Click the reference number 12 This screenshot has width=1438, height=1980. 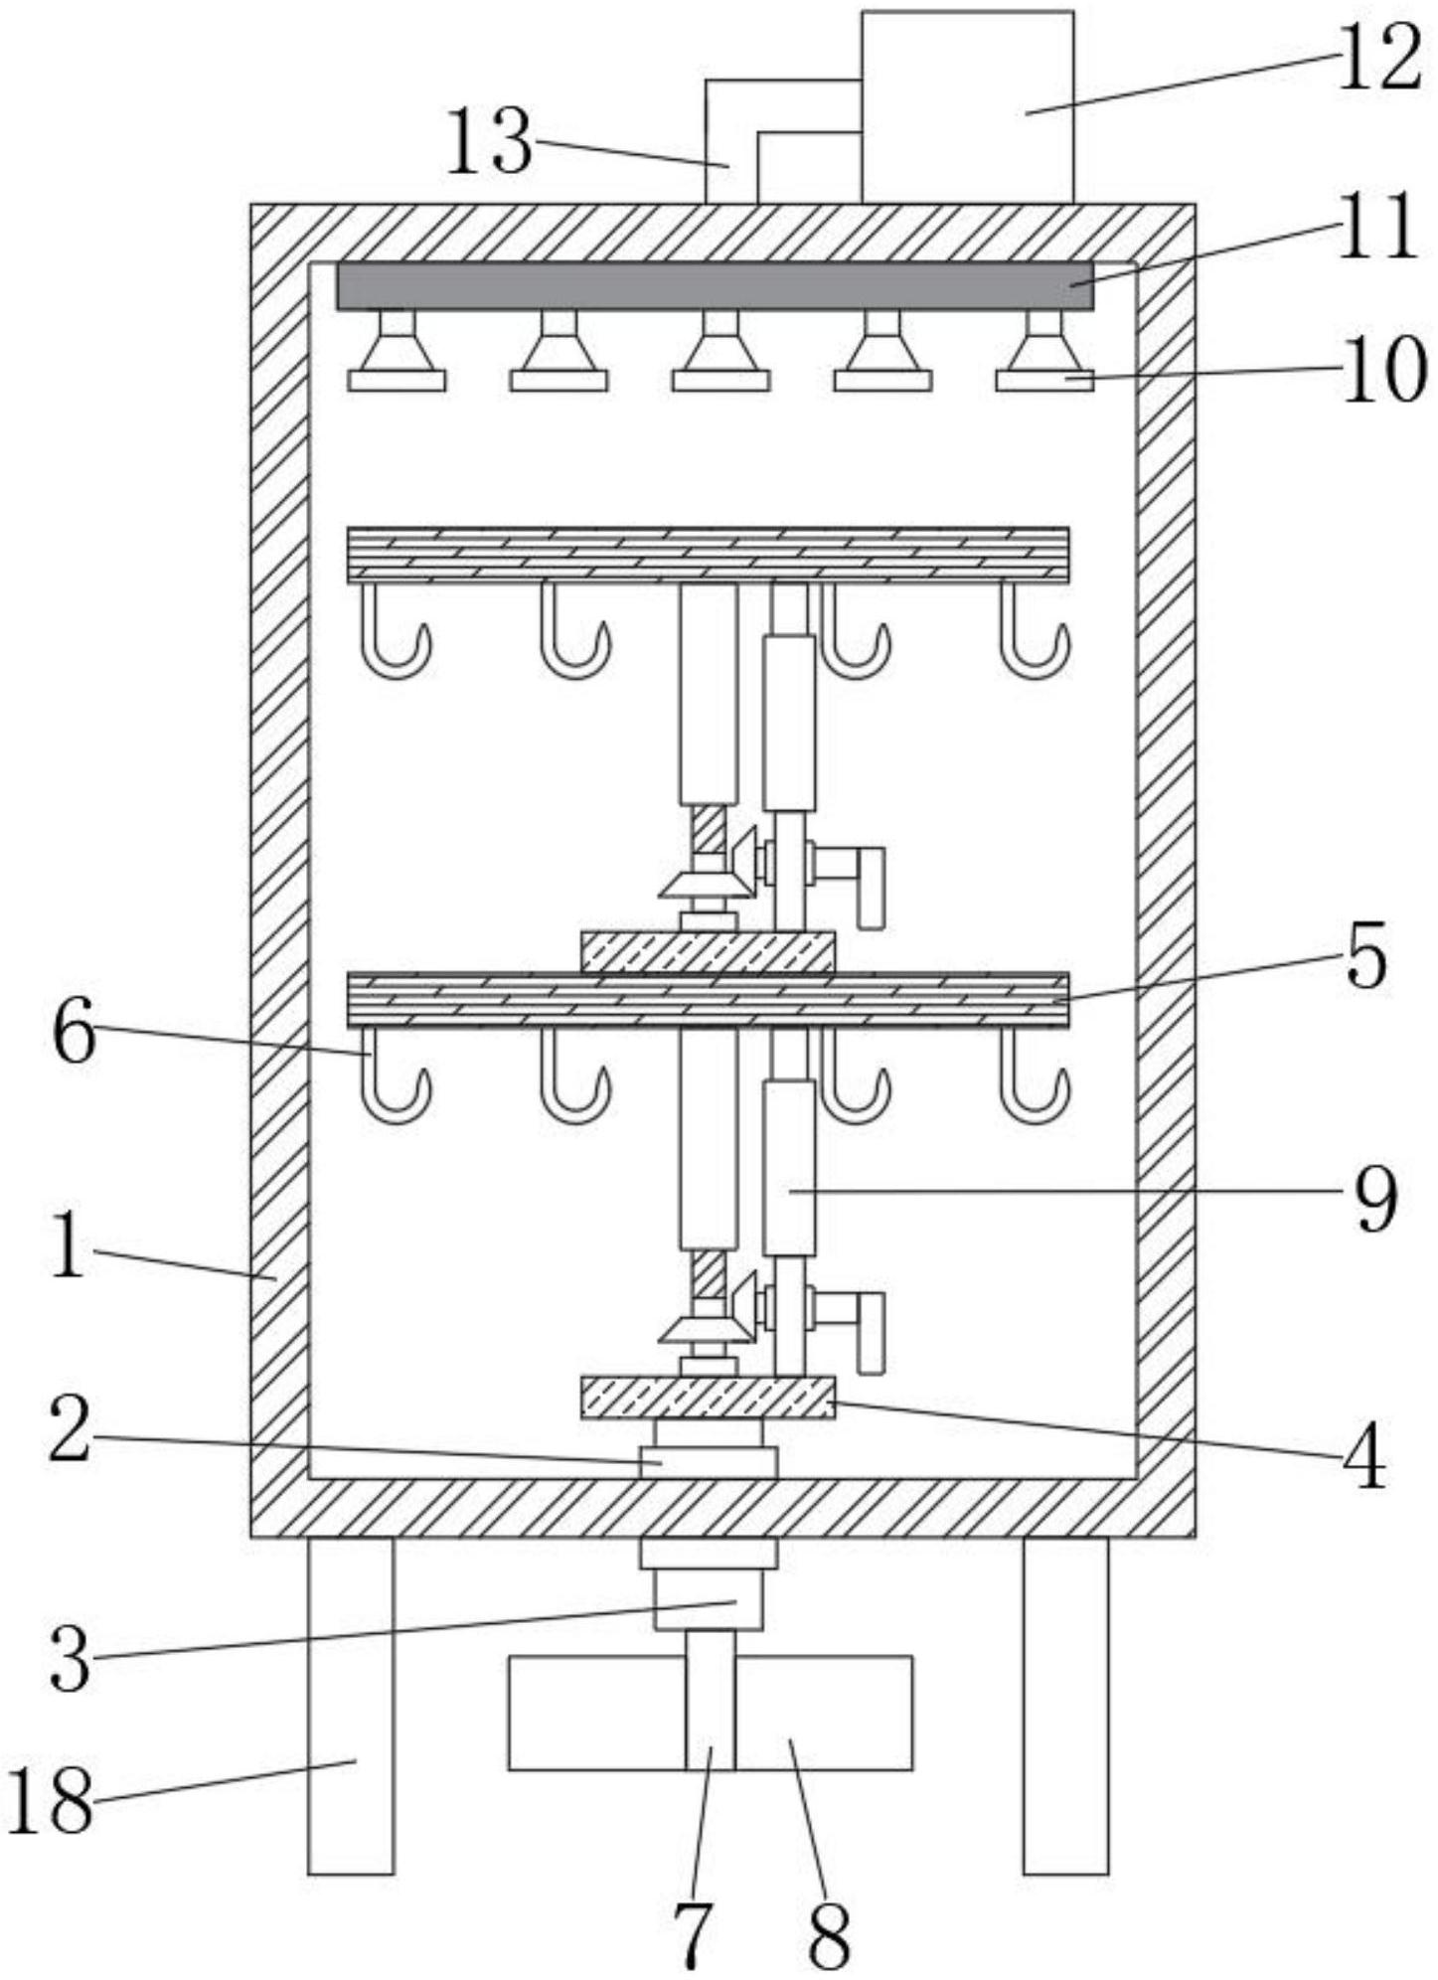click(x=1378, y=60)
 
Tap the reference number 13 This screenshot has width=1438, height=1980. click(x=489, y=142)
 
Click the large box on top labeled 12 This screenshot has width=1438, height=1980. click(x=967, y=106)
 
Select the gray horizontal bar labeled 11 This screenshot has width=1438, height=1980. click(x=715, y=286)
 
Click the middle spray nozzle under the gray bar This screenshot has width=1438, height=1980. click(x=720, y=350)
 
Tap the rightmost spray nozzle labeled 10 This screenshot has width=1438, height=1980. click(x=1044, y=350)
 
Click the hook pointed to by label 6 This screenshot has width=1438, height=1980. click(x=395, y=1075)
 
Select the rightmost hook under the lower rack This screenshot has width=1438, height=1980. click(x=1035, y=1075)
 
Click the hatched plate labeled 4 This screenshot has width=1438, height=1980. click(x=708, y=1397)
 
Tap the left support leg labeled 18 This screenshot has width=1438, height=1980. click(x=351, y=1706)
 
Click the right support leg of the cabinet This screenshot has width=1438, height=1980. click(x=1066, y=1706)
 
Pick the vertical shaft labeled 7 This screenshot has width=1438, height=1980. click(x=711, y=1700)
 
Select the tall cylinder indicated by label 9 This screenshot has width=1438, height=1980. click(x=789, y=1167)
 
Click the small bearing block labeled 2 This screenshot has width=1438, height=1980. click(x=708, y=1461)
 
